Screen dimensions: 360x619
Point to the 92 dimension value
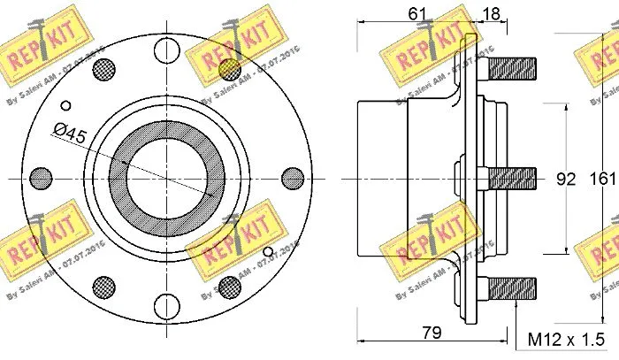(566, 179)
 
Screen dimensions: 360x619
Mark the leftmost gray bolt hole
(39, 177)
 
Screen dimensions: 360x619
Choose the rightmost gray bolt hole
(292, 177)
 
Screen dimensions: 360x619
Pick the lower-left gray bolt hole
(103, 286)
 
